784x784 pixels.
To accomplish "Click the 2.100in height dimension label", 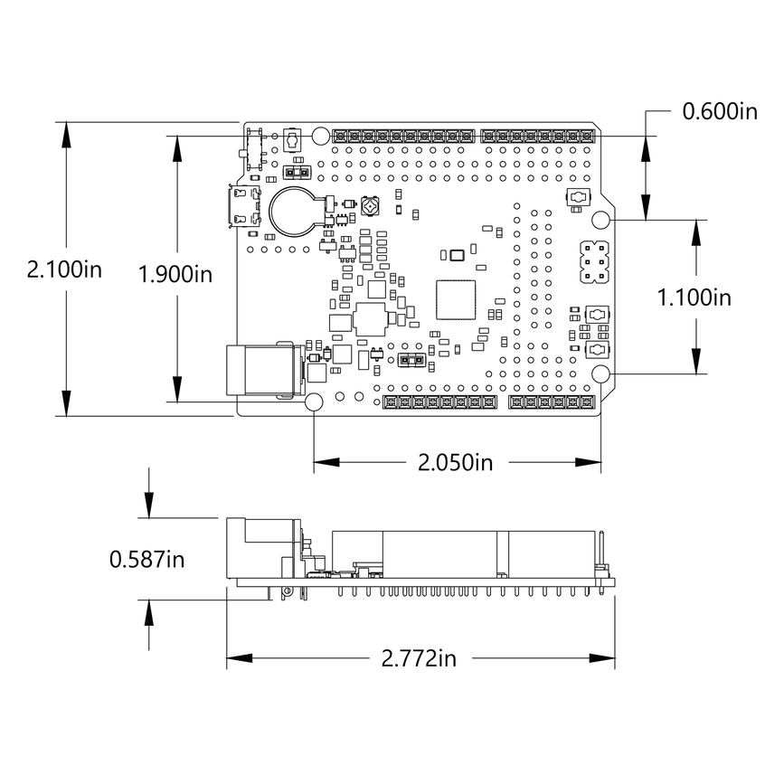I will (64, 269).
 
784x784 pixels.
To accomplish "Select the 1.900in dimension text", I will (175, 274).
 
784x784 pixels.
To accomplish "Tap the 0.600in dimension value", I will (719, 111).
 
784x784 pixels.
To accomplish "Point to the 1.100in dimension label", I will (694, 298).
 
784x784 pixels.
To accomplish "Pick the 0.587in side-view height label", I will (147, 560).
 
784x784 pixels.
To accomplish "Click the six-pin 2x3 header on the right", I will (593, 261).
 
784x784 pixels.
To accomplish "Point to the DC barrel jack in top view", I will (261, 369).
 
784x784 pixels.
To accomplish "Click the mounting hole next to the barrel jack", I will (316, 402).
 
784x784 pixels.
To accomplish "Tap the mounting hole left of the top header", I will (320, 136).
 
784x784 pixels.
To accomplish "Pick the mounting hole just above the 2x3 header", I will (601, 220).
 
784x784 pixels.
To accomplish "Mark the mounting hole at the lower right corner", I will (601, 374).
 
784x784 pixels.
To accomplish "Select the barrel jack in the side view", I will (262, 547).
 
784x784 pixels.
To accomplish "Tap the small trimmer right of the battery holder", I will (369, 208).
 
